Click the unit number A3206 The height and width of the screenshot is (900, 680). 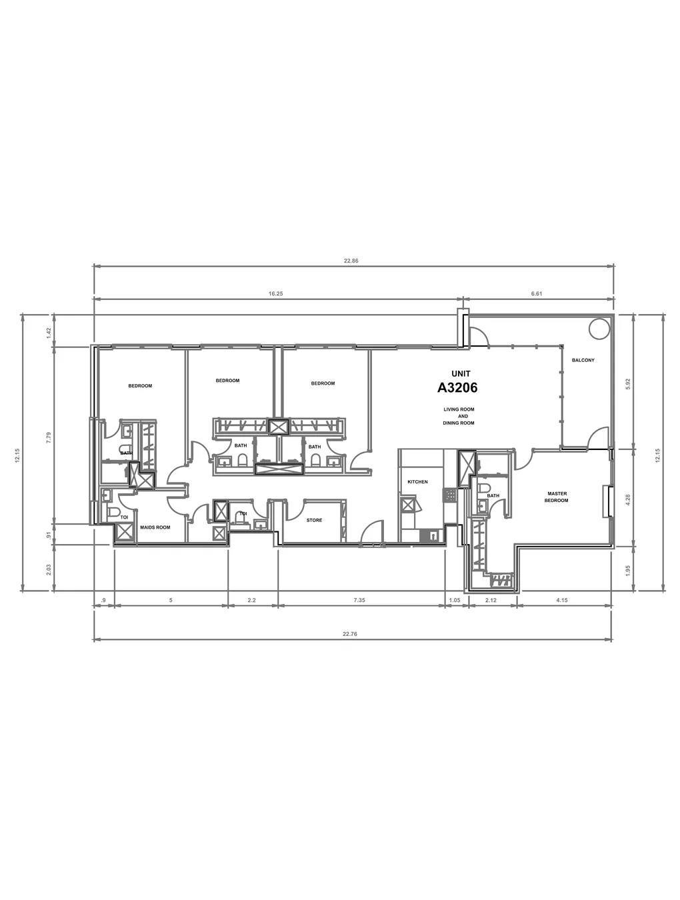(457, 387)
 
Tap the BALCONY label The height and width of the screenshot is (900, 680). (583, 360)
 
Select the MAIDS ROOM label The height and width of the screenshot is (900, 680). (155, 527)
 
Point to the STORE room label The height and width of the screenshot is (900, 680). (315, 520)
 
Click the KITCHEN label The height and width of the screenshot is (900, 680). (417, 482)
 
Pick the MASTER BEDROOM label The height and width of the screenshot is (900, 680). (557, 497)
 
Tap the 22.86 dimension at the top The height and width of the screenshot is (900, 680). (351, 261)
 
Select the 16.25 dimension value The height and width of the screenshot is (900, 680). (276, 293)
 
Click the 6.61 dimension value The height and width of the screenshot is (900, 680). (537, 293)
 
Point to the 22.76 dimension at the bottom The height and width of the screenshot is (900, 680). (350, 634)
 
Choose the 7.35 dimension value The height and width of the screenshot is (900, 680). (359, 600)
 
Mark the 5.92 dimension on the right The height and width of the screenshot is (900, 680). (628, 384)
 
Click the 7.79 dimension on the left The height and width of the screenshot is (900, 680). (49, 438)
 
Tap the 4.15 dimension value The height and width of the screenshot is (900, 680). (562, 600)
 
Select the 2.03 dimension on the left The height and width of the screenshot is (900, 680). (49, 569)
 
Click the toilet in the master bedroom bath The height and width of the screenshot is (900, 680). (485, 489)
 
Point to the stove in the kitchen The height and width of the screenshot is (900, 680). (449, 495)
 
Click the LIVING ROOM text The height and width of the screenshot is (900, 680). (459, 409)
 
